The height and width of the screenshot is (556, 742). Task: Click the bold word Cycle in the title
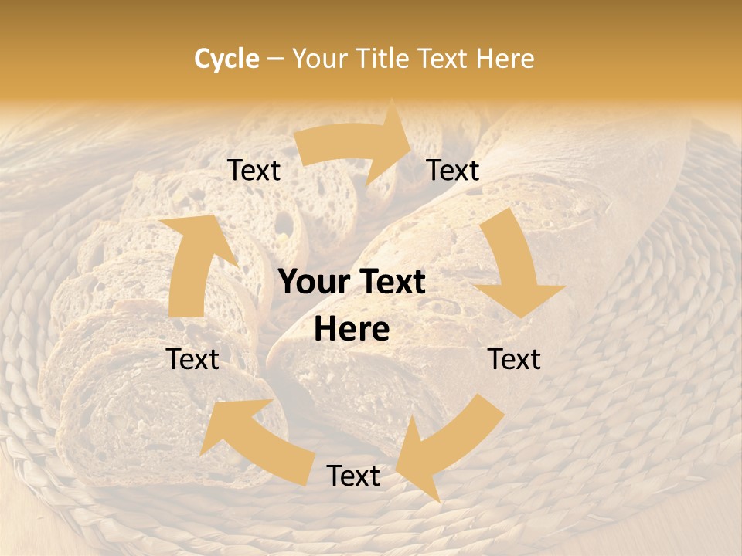[x=226, y=59]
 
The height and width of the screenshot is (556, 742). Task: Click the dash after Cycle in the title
[x=275, y=59]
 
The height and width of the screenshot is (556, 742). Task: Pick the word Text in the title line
[x=446, y=59]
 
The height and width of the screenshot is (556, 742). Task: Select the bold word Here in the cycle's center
[x=352, y=330]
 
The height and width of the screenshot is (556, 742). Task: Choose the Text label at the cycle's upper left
[x=254, y=170]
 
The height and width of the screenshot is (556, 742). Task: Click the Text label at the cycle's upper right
[x=453, y=170]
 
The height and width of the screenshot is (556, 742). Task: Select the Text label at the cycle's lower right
[x=514, y=359]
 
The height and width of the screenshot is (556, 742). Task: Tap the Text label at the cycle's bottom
[x=353, y=476]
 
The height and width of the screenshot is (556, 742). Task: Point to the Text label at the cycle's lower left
[x=192, y=359]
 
